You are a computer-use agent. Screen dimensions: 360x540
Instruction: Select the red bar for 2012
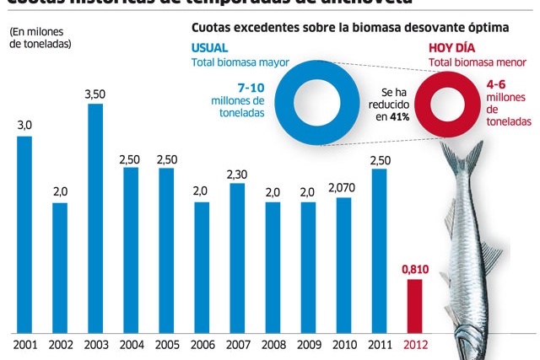tap(414, 305)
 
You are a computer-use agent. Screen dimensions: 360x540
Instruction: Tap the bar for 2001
tap(24, 234)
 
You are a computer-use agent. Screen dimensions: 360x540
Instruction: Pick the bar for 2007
tap(237, 257)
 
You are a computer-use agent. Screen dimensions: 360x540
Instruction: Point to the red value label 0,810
tap(414, 269)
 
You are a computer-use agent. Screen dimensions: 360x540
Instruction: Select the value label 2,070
tap(343, 187)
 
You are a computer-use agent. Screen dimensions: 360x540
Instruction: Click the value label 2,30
tap(237, 174)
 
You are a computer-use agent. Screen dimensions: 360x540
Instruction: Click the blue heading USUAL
tap(209, 47)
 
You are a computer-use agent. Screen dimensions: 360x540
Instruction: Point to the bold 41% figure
tap(399, 116)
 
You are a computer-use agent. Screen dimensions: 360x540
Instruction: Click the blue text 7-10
tap(251, 87)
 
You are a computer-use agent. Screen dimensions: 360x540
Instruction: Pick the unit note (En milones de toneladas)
tap(40, 38)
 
